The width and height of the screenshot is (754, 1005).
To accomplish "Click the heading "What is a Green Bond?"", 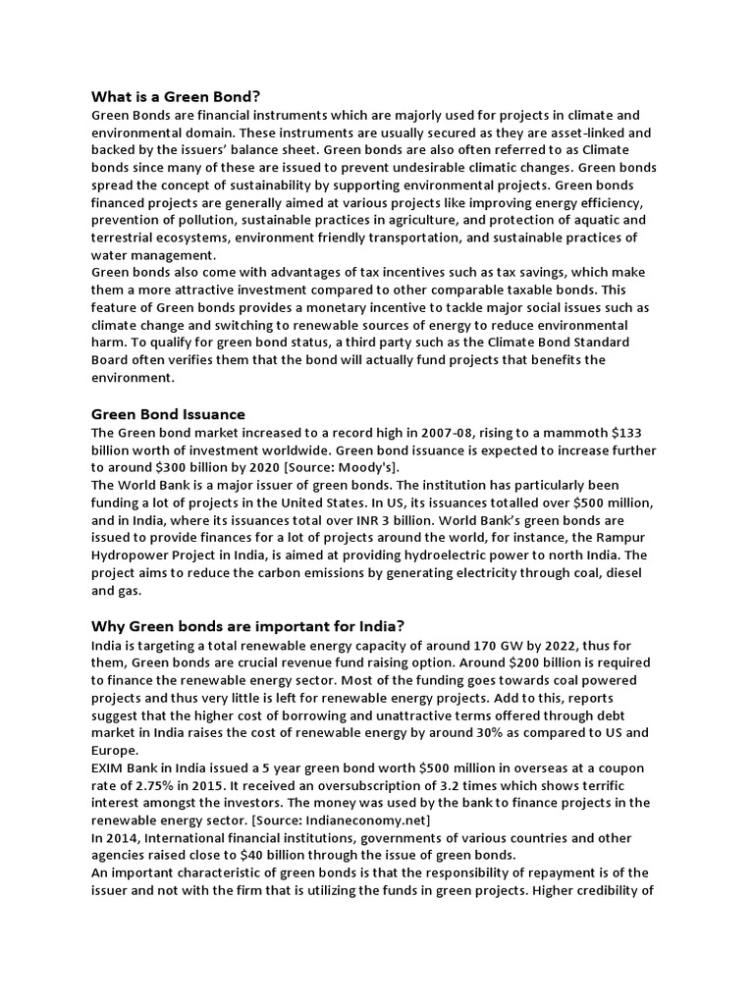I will (176, 96).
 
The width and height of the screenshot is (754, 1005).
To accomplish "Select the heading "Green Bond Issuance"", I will (168, 413).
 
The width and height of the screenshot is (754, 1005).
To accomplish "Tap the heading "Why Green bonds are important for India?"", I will (247, 626).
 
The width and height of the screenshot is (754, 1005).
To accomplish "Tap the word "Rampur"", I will (625, 538).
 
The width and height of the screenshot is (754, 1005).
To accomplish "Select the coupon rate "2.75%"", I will (150, 786).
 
